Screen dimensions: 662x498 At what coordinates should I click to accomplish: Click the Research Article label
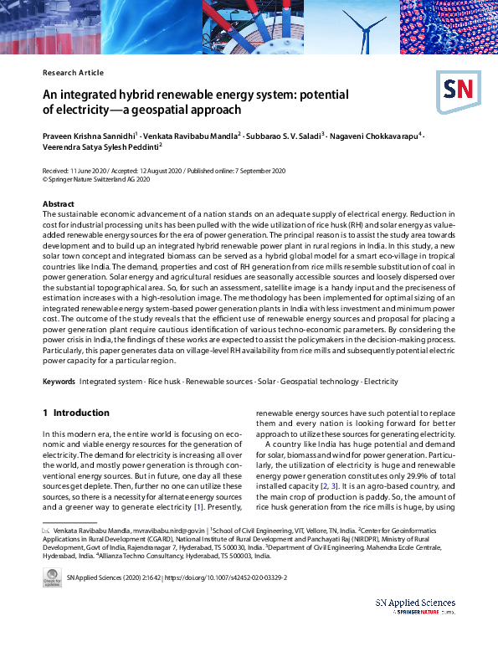(73, 73)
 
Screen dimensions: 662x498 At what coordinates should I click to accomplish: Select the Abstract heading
(59, 204)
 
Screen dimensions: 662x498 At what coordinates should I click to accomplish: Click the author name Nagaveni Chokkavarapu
(375, 135)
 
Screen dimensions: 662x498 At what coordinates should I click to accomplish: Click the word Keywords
(59, 381)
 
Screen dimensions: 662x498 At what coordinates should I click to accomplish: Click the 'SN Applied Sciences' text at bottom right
(414, 603)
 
